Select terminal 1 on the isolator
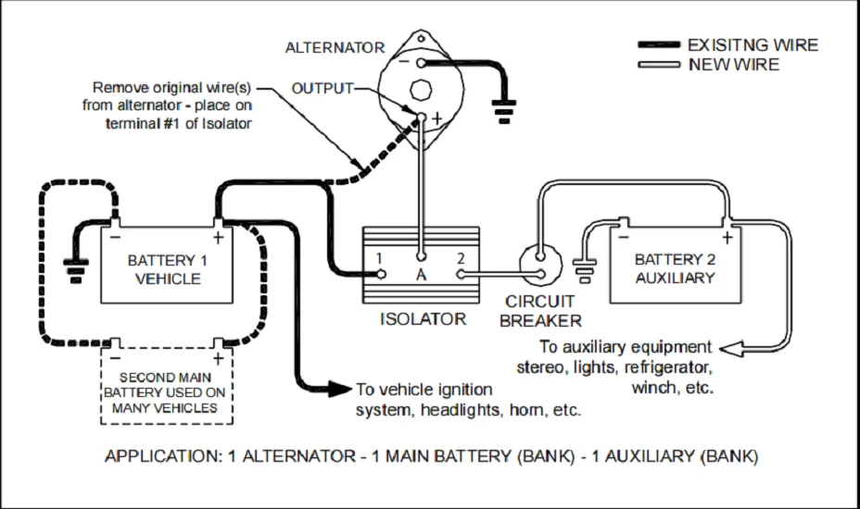[x=379, y=274]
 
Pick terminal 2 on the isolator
[x=459, y=274]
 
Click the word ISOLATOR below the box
[x=423, y=319]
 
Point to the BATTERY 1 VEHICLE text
[x=168, y=269]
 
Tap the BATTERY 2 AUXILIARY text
[x=675, y=268]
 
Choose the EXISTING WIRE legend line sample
[x=659, y=45]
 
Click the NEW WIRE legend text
[x=734, y=65]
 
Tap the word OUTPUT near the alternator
[x=322, y=88]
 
